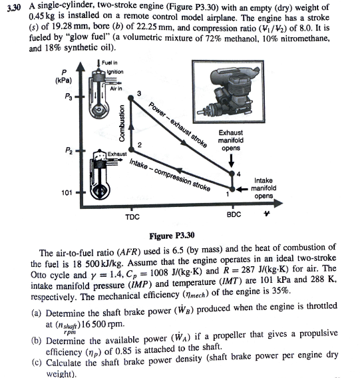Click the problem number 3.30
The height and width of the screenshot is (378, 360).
(14, 8)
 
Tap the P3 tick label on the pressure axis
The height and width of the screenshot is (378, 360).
(68, 96)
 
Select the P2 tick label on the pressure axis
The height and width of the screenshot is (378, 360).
(69, 150)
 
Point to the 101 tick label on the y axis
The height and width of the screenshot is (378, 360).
(67, 192)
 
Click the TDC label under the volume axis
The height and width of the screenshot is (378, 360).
(132, 217)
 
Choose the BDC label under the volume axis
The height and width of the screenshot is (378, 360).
(234, 214)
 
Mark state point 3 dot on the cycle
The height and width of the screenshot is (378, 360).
(130, 98)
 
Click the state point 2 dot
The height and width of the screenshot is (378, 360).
(131, 150)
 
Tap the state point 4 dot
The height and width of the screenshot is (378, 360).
(232, 173)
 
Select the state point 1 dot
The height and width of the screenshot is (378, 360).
(232, 189)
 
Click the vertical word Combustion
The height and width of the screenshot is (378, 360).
(122, 123)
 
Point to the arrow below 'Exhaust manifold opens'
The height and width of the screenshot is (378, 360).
(232, 160)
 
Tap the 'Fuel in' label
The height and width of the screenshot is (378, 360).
(110, 63)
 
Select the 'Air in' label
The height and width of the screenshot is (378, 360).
(116, 89)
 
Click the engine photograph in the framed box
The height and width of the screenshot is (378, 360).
(228, 92)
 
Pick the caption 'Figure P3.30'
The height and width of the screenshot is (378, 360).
(172, 236)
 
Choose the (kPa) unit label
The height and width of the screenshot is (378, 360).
(63, 81)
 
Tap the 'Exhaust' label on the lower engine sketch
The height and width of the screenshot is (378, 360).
(117, 154)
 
